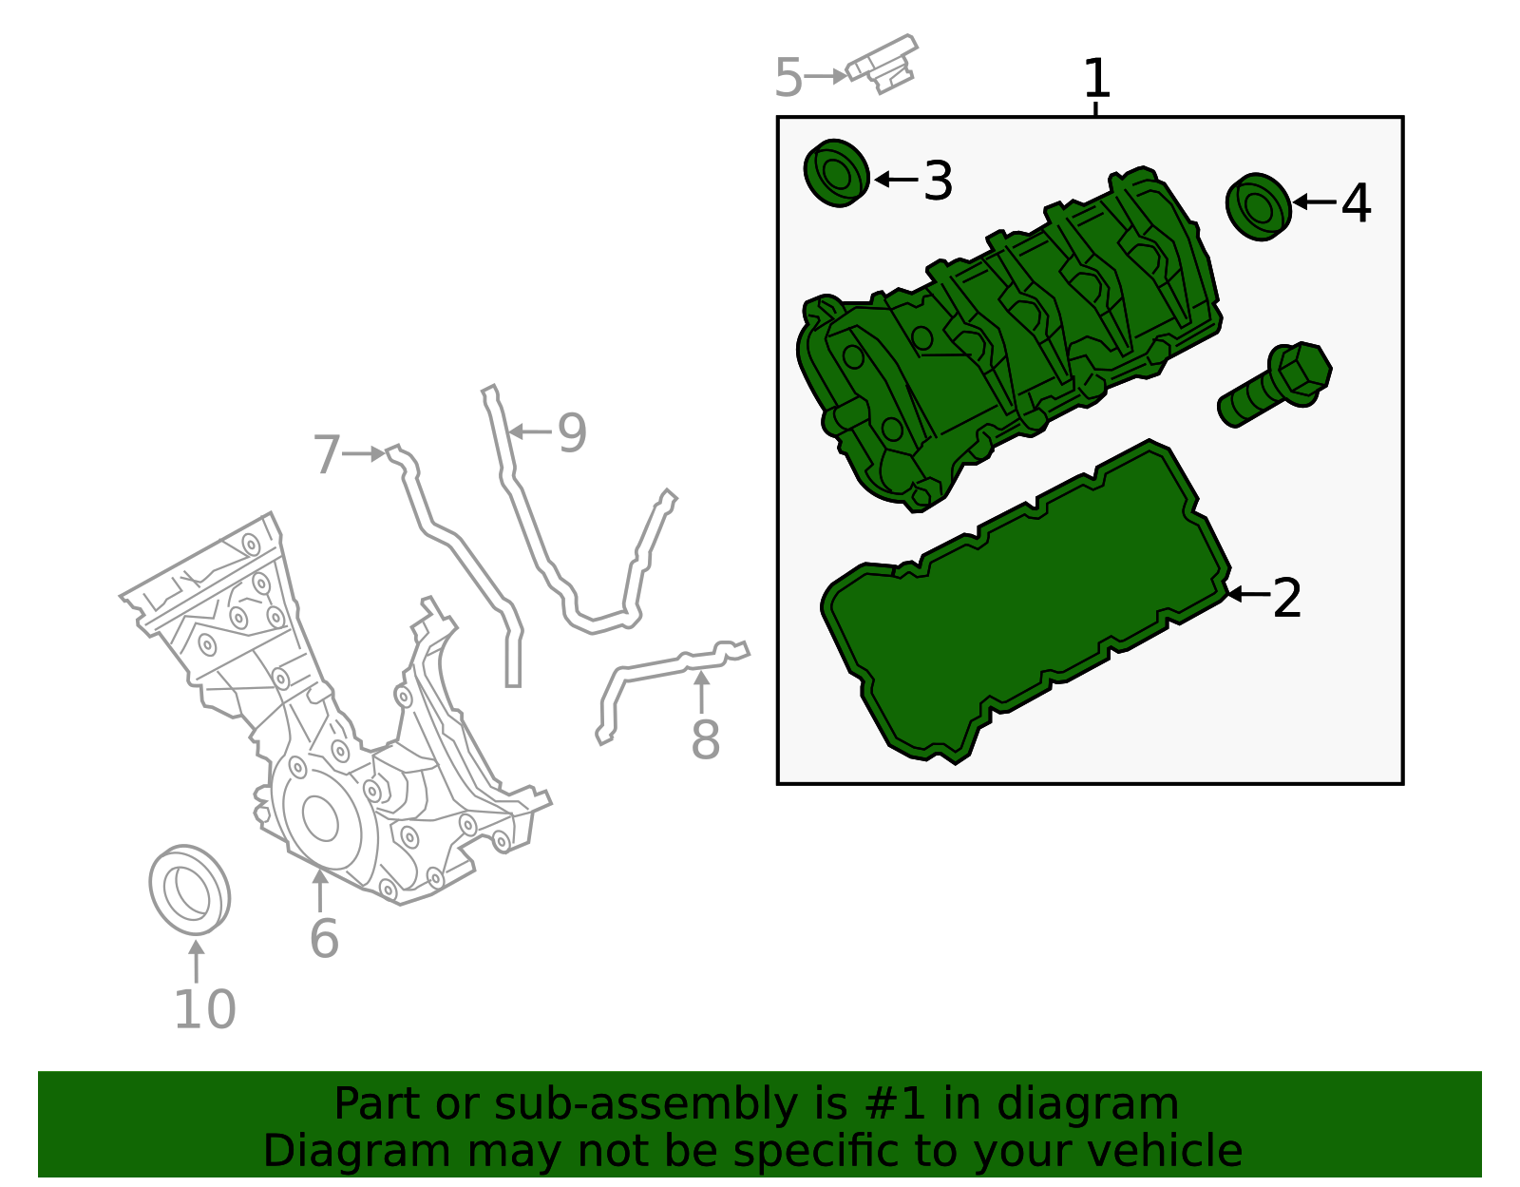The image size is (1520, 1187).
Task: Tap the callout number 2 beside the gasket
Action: [1286, 598]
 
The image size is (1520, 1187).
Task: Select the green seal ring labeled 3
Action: [837, 173]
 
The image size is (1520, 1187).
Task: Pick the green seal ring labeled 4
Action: [1258, 206]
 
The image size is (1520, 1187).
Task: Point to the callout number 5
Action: [788, 78]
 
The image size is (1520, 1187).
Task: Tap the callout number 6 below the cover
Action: [324, 938]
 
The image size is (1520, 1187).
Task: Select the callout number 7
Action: [327, 454]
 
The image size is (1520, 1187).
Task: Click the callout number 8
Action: [705, 739]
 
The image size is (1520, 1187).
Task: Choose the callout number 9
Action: [572, 432]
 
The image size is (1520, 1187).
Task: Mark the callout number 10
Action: [204, 1009]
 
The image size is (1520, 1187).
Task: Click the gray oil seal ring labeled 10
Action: [190, 888]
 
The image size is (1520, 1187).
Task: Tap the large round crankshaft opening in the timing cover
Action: [320, 818]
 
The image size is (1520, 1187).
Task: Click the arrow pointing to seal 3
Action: [896, 179]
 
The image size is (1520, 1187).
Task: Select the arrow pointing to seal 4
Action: [1315, 201]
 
